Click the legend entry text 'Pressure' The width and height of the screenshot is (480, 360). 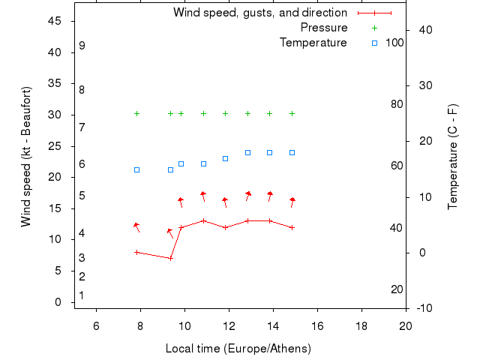323,28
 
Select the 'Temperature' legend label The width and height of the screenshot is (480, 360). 313,43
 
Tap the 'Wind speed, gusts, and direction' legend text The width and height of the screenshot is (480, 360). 259,13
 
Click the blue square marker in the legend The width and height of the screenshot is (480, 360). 374,43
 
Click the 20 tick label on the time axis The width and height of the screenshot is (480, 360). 406,325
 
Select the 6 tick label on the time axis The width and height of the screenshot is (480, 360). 96,325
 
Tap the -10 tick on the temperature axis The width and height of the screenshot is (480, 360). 423,308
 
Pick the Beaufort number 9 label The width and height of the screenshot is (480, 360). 82,46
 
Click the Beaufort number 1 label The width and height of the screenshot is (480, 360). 82,295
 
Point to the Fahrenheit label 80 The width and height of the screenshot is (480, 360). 397,104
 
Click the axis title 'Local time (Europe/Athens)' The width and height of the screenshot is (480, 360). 238,349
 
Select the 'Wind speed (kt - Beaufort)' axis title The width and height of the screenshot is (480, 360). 26,157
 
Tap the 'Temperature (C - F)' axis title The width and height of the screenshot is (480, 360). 453,157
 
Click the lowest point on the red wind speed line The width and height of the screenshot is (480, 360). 171,258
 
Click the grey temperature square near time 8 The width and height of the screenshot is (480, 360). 136,169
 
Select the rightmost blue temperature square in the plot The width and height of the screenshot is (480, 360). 292,152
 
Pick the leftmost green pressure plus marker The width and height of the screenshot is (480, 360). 136,114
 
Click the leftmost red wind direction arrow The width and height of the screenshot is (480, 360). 136,226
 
